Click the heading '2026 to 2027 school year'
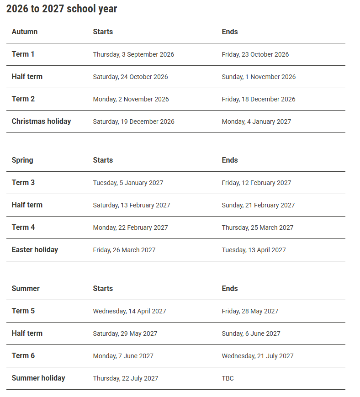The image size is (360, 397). [x=62, y=9]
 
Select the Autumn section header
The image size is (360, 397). [x=25, y=32]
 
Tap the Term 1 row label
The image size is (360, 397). [x=23, y=54]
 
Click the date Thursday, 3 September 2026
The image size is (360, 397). [x=133, y=54]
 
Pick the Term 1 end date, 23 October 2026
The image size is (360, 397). [x=255, y=54]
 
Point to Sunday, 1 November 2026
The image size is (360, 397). [x=259, y=77]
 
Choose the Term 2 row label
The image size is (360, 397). [x=23, y=99]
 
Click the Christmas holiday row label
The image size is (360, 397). [x=41, y=121]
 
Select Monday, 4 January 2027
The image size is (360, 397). [x=256, y=122]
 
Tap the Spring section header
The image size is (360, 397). [x=22, y=160]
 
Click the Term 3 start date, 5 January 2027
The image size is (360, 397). [x=128, y=183]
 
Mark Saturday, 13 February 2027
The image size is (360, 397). [x=132, y=205]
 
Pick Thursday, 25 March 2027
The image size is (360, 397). [x=258, y=228]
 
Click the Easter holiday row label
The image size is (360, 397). [x=35, y=249]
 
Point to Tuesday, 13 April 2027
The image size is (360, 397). [x=254, y=250]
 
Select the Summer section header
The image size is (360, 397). [x=26, y=288]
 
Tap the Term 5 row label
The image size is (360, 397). [x=23, y=311]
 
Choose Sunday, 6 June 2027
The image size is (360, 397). [x=251, y=333]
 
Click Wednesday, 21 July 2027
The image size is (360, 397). [x=258, y=356]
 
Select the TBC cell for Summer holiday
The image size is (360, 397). [x=228, y=378]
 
